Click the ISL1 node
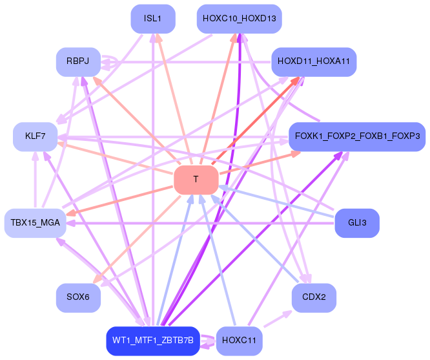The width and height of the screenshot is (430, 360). [153, 19]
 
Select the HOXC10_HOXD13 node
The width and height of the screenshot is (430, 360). [239, 19]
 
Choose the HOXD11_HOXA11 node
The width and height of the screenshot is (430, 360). [313, 62]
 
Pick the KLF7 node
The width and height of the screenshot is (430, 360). [35, 137]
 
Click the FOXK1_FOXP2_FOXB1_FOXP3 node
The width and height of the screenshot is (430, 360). [356, 137]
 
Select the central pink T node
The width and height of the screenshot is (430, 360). [196, 179]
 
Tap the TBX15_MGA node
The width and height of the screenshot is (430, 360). [35, 223]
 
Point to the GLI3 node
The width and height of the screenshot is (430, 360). [356, 223]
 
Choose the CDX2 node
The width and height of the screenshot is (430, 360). [313, 297]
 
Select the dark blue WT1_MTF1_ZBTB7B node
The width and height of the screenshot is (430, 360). [152, 341]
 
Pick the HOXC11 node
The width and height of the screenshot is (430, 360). [239, 341]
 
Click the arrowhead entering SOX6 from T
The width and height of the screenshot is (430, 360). [98, 279]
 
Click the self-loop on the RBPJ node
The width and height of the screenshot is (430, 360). [110, 62]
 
